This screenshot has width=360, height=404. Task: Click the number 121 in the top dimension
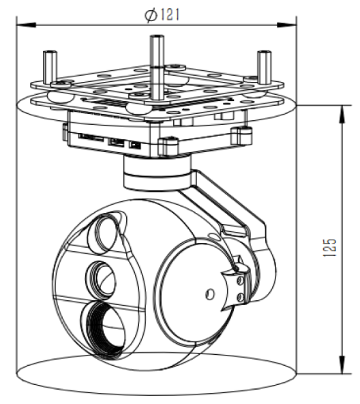point(170,14)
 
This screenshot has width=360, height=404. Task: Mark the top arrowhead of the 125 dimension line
point(340,110)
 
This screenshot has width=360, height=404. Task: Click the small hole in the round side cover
point(209,293)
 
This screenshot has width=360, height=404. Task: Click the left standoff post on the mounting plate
point(49,67)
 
